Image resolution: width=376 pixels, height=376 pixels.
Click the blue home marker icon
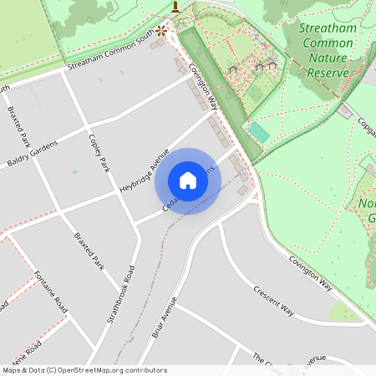click(188, 180)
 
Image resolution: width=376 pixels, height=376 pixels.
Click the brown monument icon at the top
click(175, 8)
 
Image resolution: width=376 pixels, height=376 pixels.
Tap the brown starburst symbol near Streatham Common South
click(161, 30)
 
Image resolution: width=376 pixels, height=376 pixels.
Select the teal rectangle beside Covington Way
click(259, 132)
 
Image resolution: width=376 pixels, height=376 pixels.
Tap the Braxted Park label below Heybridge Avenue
click(87, 251)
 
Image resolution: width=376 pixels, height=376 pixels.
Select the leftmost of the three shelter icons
click(233, 69)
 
